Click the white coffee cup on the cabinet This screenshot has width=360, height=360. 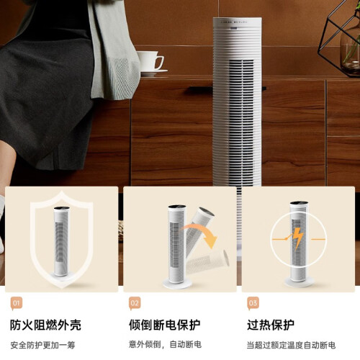click(x=150, y=60)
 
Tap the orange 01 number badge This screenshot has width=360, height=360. click(x=17, y=303)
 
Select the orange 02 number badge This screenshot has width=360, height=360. click(x=135, y=303)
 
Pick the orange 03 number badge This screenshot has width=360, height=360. click(x=253, y=303)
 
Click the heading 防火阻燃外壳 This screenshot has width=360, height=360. click(x=45, y=325)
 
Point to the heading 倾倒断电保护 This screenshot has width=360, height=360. click(x=165, y=325)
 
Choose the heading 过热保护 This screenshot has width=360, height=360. click(x=271, y=325)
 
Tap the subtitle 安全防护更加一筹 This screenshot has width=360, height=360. click(x=42, y=346)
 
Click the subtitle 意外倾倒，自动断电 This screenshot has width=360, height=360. click(x=165, y=345)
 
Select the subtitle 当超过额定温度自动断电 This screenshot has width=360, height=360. click(x=291, y=346)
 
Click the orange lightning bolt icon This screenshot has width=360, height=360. click(x=299, y=238)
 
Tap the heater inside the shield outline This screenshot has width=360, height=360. click(x=61, y=242)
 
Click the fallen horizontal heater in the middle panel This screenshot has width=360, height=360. click(x=208, y=261)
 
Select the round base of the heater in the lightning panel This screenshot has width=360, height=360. click(x=299, y=282)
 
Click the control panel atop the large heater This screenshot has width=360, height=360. click(x=237, y=22)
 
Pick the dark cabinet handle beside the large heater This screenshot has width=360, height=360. click(x=200, y=89)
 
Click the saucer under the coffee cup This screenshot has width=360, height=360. click(x=153, y=71)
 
